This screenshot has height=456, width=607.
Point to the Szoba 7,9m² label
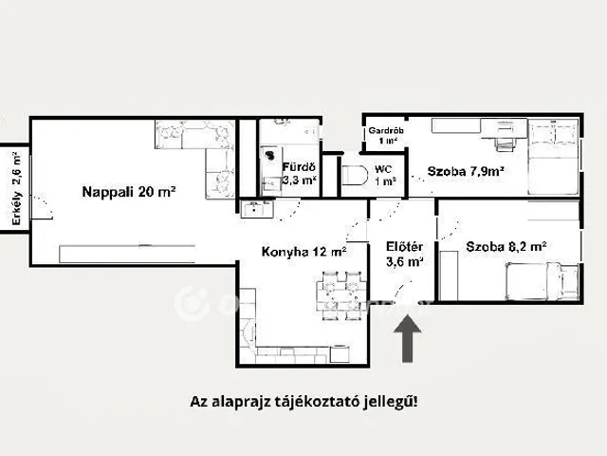465,172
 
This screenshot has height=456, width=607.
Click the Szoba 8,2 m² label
506,247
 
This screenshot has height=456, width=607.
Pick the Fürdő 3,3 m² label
299,173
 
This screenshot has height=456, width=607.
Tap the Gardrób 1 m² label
383,135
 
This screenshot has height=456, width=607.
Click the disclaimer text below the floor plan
303,401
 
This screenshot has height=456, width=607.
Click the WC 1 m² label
385,175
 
